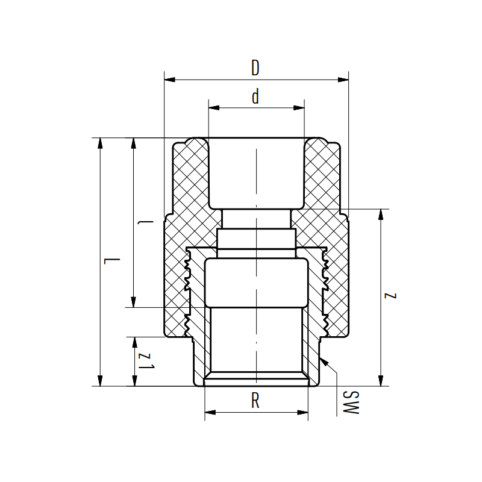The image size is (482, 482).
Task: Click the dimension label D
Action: [x=255, y=68]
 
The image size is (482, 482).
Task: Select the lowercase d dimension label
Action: [x=255, y=98]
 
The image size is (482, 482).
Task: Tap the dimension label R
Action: [x=255, y=402]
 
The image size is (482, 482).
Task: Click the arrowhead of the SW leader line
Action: [x=324, y=360]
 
